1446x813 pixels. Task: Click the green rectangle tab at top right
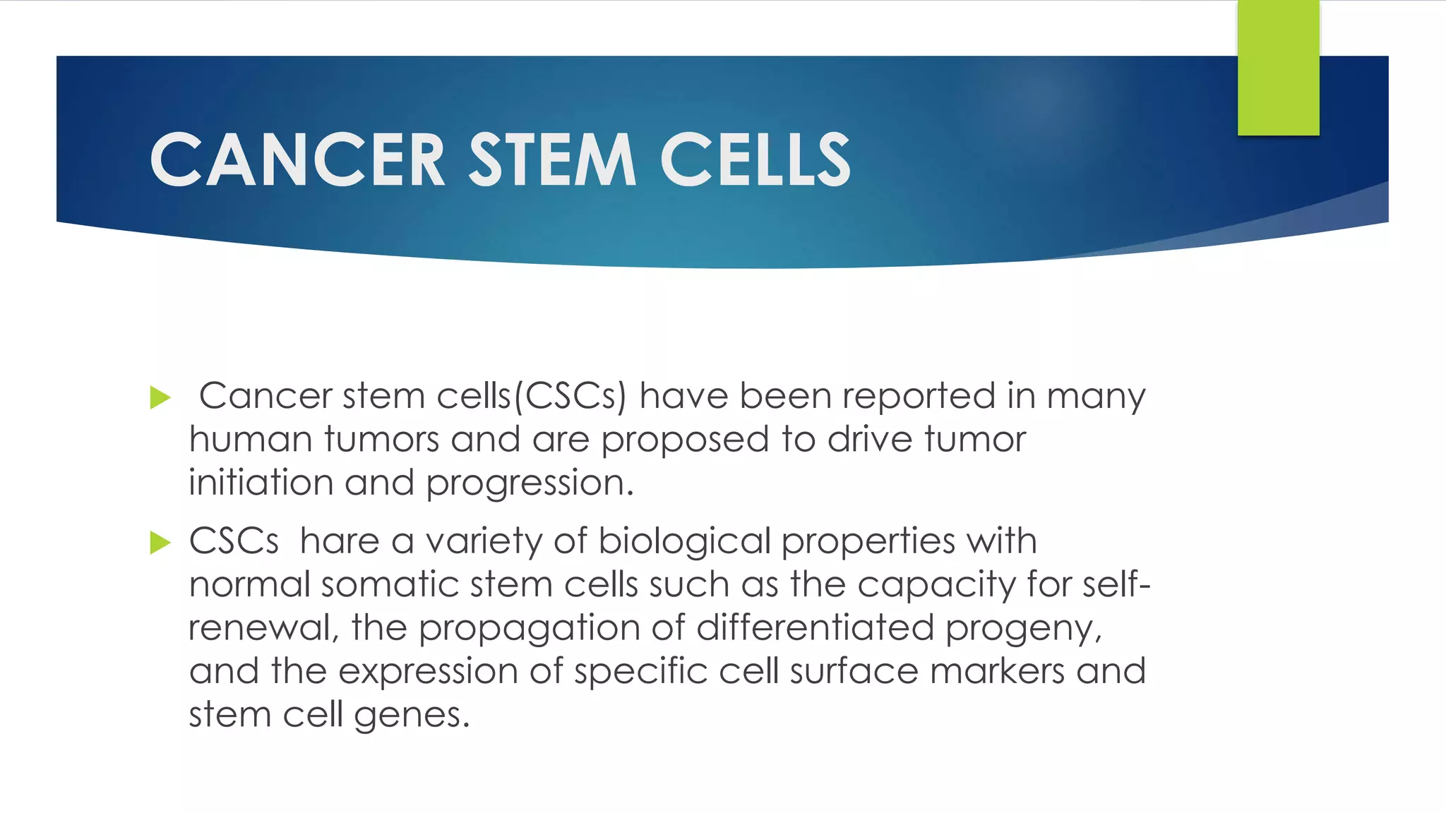coord(1278,68)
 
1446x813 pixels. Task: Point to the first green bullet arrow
coord(160,398)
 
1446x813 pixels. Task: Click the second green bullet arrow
coord(160,543)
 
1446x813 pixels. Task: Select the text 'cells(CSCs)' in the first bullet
coord(531,397)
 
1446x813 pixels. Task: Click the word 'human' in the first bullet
coord(251,440)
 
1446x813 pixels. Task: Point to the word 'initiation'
coord(261,483)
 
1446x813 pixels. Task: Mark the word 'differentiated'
coord(815,627)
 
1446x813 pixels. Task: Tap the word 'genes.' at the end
coord(412,716)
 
